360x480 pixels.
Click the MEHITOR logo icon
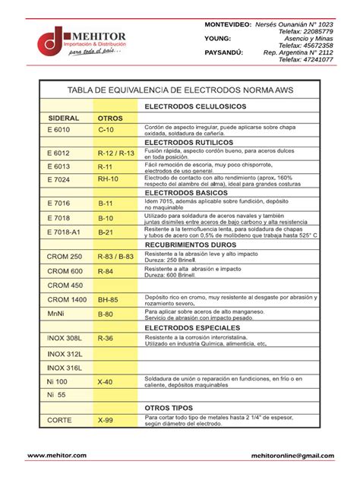tap(51, 42)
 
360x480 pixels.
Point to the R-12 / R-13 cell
tap(115, 153)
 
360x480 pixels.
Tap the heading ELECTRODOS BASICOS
tap(185, 193)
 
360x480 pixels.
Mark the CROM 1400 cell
tap(67, 299)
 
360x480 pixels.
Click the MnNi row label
tap(56, 313)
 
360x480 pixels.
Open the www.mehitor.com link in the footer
tap(57, 455)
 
